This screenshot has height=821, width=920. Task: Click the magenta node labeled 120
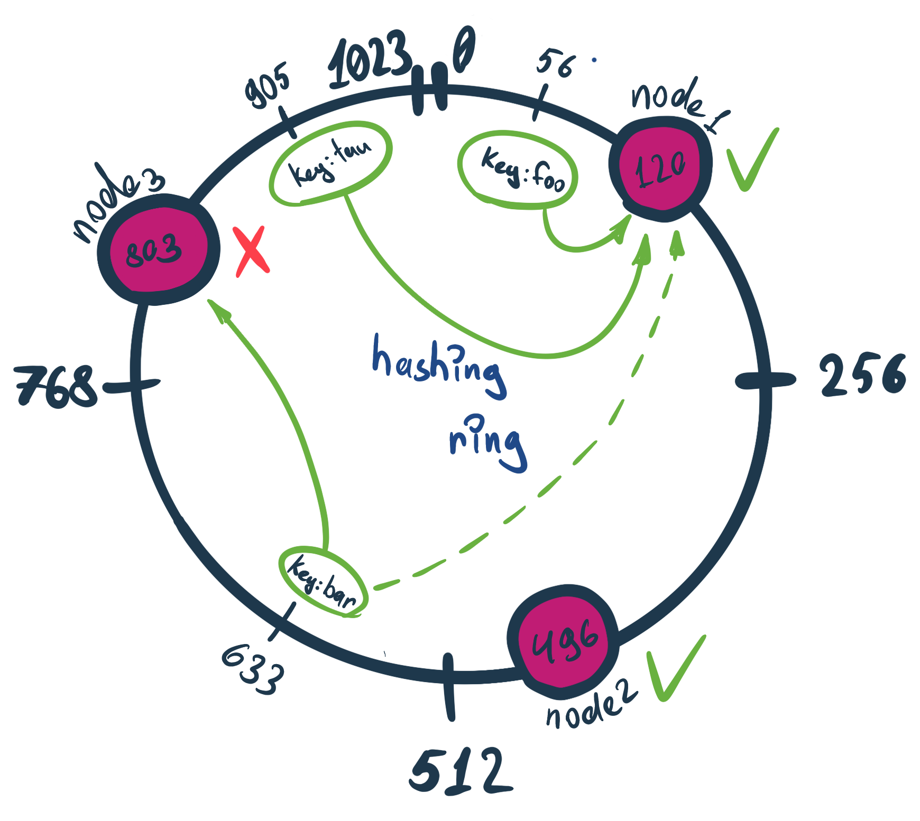click(660, 167)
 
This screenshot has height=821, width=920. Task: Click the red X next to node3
click(252, 251)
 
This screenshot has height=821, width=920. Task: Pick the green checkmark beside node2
click(675, 668)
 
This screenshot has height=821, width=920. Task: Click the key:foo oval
click(518, 169)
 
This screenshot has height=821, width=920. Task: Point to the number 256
click(862, 375)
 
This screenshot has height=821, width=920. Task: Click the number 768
click(56, 387)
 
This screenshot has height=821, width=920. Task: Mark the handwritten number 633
click(253, 668)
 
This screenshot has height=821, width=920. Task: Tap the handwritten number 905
click(268, 85)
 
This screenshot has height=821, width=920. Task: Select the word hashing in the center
click(439, 365)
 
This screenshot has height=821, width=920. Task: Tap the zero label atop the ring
click(464, 50)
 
